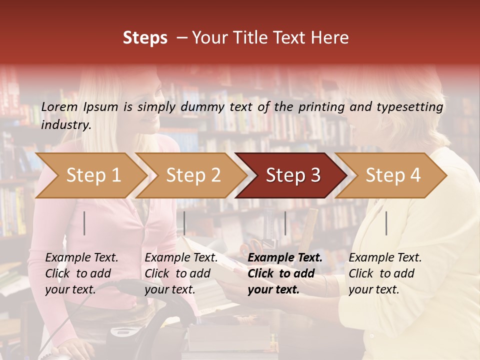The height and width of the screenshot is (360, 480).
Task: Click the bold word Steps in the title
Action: (145, 38)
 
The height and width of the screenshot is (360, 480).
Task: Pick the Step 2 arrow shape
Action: (193, 175)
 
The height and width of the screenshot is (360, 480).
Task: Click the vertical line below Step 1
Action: (84, 223)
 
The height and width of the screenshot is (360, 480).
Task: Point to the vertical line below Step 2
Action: (184, 223)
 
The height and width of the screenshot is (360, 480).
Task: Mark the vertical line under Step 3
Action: (285, 223)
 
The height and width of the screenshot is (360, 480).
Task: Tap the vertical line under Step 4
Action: (386, 223)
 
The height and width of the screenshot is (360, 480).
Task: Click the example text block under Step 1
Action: (81, 273)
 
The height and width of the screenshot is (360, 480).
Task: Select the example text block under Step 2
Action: (181, 273)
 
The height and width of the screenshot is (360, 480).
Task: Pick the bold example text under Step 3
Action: (285, 273)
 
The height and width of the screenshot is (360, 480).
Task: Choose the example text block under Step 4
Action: (385, 273)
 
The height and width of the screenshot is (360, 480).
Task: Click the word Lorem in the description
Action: (59, 107)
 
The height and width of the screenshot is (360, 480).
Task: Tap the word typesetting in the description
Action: (409, 107)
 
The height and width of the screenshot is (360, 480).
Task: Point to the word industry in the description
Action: (66, 125)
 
